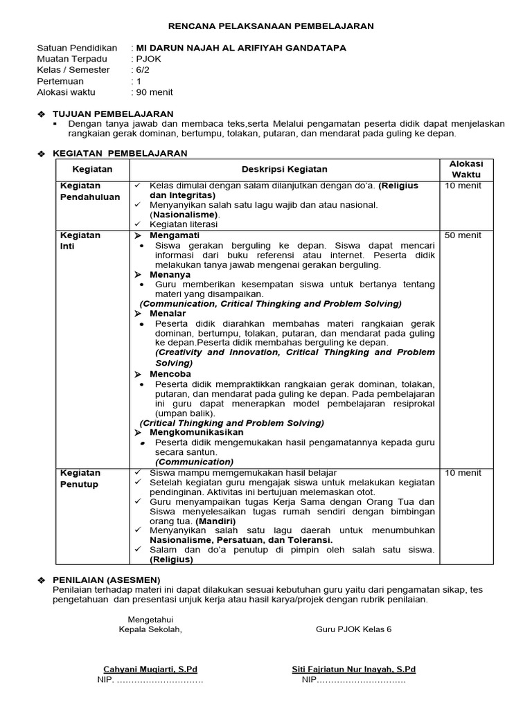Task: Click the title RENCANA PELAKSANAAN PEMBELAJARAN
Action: (266, 26)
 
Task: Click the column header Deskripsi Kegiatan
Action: (285, 170)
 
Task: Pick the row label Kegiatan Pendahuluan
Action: (90, 191)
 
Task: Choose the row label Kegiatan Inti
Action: (80, 240)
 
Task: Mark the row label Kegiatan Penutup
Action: (80, 478)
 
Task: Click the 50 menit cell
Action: (463, 235)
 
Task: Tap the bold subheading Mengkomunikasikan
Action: (197, 432)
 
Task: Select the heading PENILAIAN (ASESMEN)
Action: (107, 579)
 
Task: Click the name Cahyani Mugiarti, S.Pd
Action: (150, 670)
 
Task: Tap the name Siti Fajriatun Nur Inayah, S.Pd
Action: (353, 670)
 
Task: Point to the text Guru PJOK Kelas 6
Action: (353, 629)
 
